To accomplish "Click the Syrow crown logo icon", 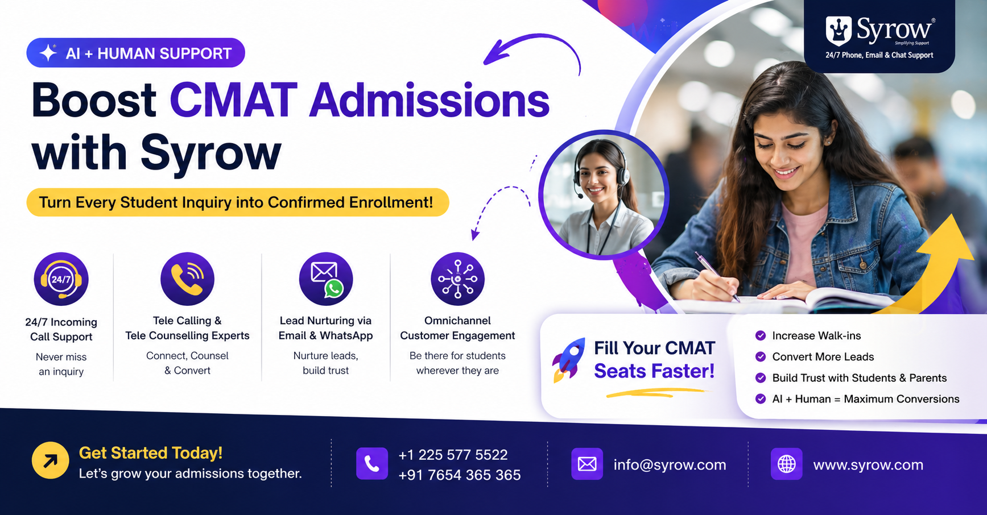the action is (839, 31).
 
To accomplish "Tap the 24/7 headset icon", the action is (61, 279).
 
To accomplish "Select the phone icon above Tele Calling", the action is (187, 279).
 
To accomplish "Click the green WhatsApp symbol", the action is (334, 289).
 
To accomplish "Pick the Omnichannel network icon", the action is (457, 279).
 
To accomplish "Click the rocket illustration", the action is (569, 359).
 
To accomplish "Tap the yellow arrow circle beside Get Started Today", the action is (50, 460).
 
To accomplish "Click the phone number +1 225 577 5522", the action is (453, 455).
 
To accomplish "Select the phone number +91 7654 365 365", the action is (460, 475).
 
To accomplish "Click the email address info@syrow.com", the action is (670, 464).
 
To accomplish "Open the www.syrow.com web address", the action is (868, 464).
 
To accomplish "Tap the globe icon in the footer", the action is (787, 464).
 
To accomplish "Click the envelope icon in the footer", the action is (587, 464).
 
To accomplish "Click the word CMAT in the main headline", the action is (234, 101).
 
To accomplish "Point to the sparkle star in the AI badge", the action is (48, 53).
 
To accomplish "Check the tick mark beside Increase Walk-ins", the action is (760, 335).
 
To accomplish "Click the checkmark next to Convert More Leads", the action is (760, 356).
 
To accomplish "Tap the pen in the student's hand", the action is (717, 276).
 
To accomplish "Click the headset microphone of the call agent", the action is (579, 196).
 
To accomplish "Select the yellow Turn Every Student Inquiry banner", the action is (238, 202).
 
